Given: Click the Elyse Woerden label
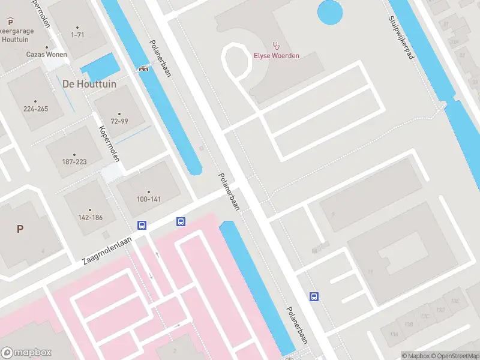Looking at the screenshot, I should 276,56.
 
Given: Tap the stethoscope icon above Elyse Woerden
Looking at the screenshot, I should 276,44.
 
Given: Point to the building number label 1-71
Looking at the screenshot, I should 77,35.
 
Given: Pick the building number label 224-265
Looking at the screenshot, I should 35,109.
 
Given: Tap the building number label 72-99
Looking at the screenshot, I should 119,121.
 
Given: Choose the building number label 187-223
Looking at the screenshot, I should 74,161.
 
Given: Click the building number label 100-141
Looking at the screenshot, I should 149,199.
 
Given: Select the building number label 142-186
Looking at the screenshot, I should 91,217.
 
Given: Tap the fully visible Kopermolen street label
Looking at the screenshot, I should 110,145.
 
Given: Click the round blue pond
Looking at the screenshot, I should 329,12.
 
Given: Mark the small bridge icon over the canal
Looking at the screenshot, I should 144,68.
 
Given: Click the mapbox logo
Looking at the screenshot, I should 26,353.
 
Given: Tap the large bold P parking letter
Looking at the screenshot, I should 20,228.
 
